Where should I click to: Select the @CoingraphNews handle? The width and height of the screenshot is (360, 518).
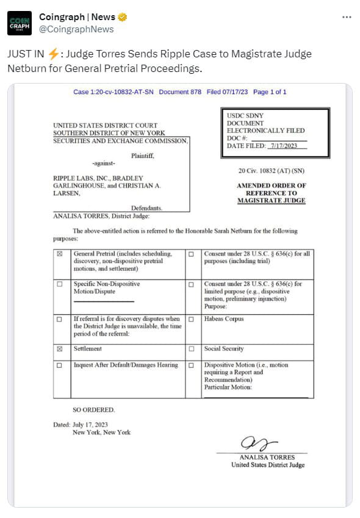click(76, 29)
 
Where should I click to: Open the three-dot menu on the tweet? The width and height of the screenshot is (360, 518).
click(347, 17)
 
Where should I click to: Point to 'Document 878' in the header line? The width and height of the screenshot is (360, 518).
click(180, 92)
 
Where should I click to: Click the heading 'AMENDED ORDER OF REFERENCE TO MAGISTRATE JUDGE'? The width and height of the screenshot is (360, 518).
click(272, 193)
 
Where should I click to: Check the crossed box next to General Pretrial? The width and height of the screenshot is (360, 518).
click(59, 254)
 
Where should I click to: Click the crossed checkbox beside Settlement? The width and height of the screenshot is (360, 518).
click(59, 349)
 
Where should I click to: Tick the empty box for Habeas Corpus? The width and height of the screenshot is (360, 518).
click(191, 319)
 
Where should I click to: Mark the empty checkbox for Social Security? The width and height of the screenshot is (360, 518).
click(191, 349)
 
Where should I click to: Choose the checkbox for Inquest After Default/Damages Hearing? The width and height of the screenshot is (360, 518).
click(59, 365)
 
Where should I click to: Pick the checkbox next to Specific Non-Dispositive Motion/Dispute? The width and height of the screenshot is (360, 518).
click(59, 284)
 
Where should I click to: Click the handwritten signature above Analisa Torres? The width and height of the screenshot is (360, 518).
click(259, 442)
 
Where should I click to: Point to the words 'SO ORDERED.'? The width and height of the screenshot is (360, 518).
click(93, 409)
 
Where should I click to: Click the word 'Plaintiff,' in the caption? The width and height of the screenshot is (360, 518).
click(142, 156)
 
